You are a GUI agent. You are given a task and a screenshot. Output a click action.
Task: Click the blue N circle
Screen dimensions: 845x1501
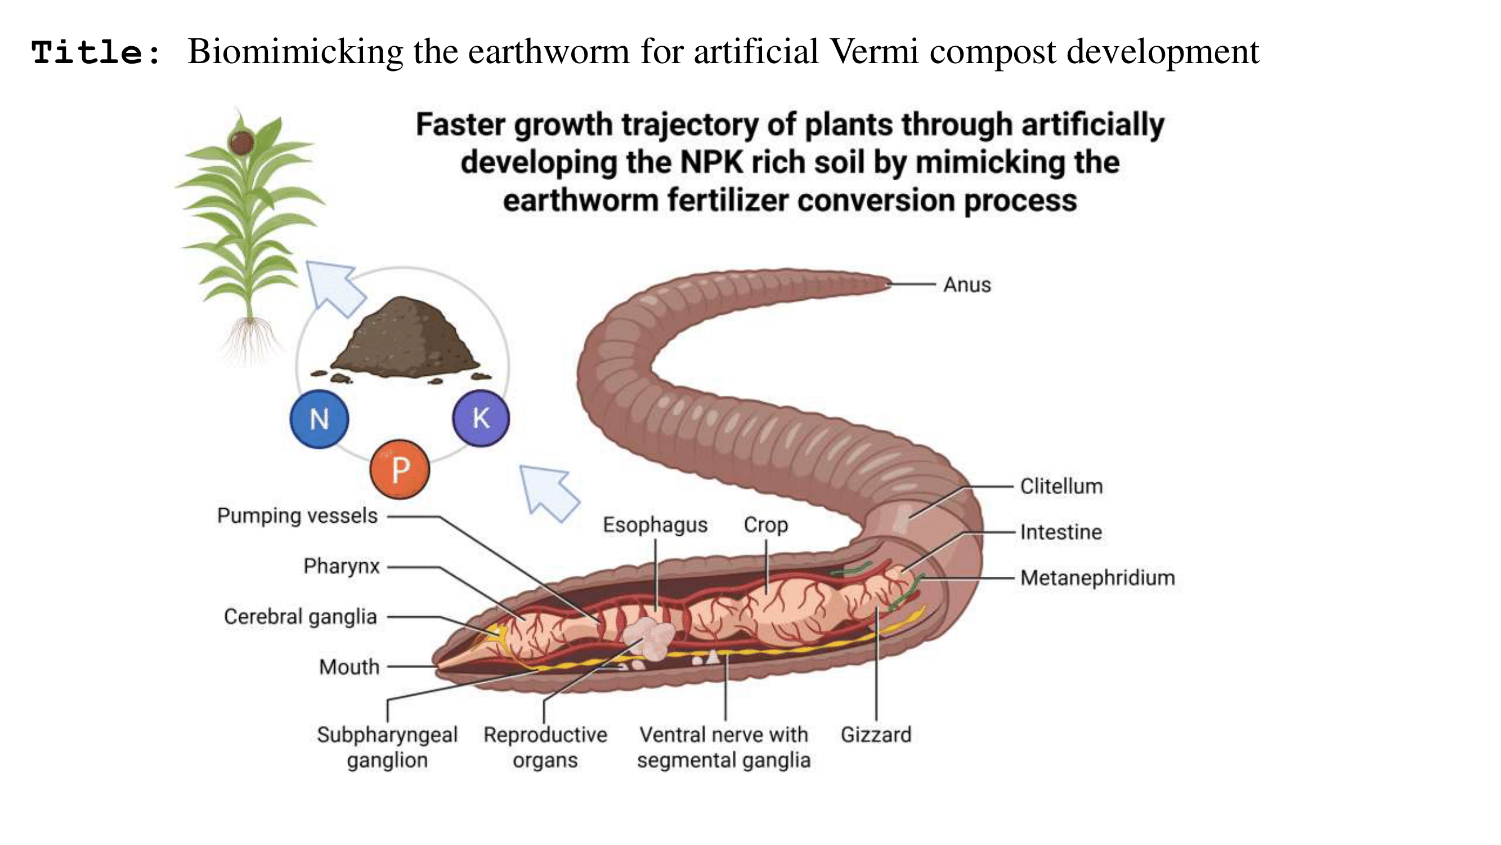coord(319,419)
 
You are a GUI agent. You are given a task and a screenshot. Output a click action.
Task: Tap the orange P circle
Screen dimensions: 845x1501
coord(400,469)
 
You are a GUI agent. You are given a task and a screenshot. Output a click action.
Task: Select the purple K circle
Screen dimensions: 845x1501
coord(481,418)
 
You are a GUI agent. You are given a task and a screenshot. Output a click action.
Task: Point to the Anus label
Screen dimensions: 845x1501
coord(967,284)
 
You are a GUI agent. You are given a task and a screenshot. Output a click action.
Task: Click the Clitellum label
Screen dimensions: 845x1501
coord(1061,486)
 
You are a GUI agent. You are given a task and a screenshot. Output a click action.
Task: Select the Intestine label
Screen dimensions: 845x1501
coord(1061,532)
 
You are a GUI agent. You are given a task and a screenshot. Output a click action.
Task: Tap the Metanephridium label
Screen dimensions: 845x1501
coord(1098,578)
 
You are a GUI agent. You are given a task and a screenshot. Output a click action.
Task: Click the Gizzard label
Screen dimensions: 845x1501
coord(876,734)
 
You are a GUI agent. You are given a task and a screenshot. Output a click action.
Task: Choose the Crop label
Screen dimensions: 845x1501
coord(765,525)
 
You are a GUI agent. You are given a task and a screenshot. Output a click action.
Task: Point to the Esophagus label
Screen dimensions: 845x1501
coord(655,525)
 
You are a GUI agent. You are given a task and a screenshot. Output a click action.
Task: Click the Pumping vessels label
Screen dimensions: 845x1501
coord(297,515)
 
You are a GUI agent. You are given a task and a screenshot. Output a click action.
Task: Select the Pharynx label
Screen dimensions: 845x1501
coord(342,566)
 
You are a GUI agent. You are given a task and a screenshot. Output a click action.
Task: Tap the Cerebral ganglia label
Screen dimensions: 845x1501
coord(300,616)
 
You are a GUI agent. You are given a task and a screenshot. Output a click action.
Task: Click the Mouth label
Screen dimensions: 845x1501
coord(349,666)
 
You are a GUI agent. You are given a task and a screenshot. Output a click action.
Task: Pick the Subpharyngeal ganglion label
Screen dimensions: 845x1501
coord(387,747)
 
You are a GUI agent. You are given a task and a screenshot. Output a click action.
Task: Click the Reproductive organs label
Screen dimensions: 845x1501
coord(545,747)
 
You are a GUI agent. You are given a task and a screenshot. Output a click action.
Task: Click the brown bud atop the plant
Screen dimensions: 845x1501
coord(241,143)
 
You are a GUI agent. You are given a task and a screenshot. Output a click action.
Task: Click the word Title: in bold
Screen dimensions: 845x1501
coord(96,52)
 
